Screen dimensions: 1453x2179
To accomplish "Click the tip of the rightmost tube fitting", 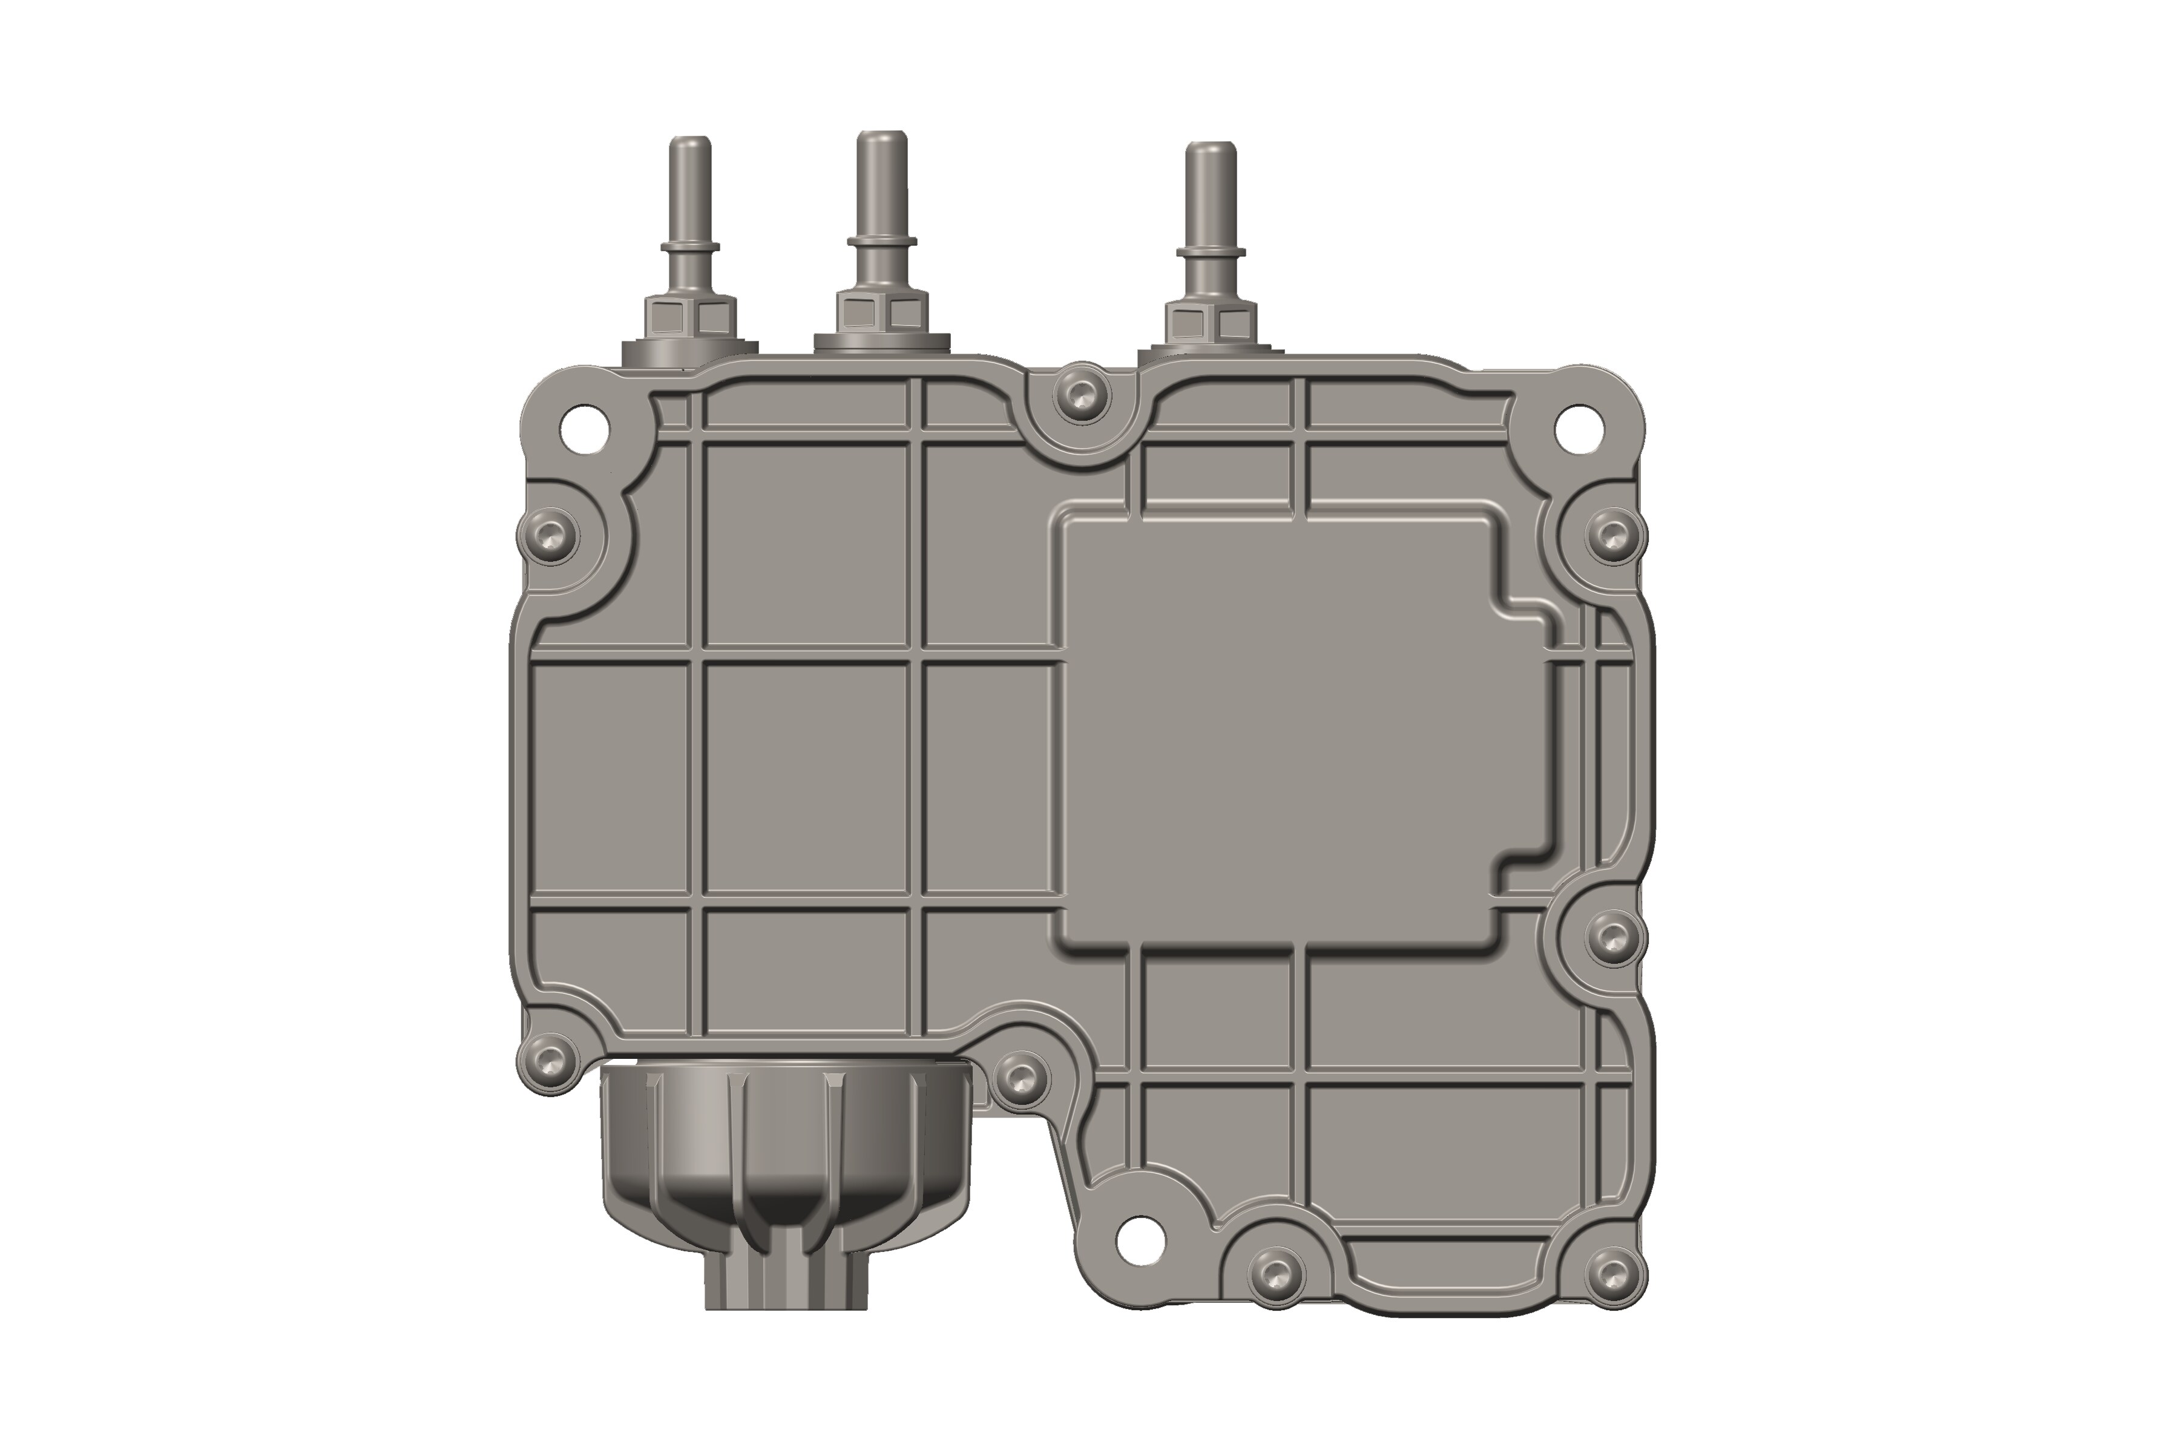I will coord(1211,149).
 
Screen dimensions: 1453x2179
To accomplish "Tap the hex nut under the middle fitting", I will coord(881,312).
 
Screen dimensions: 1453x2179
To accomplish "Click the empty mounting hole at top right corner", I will coord(1578,429).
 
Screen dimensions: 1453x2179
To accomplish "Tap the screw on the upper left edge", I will coord(550,534).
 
